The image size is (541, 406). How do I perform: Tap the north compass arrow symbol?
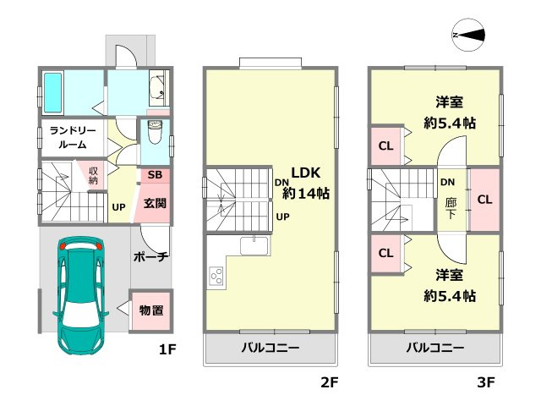[x=468, y=35]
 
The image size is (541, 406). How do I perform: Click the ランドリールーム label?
[x=72, y=138]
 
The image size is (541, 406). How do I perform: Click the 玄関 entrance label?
[x=155, y=203]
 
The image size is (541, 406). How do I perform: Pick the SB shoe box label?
[x=155, y=176]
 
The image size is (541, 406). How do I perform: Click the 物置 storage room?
[x=151, y=310]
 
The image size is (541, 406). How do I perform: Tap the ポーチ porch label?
[x=151, y=256]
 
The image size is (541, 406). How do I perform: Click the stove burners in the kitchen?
[x=216, y=276]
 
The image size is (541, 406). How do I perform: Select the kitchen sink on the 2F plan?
[x=253, y=245]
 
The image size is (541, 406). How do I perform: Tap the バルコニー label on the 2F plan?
[x=270, y=348]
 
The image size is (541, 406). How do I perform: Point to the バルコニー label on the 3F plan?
[x=434, y=348]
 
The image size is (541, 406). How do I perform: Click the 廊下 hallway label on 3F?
[x=448, y=208]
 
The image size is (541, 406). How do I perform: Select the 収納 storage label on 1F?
[x=93, y=176]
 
